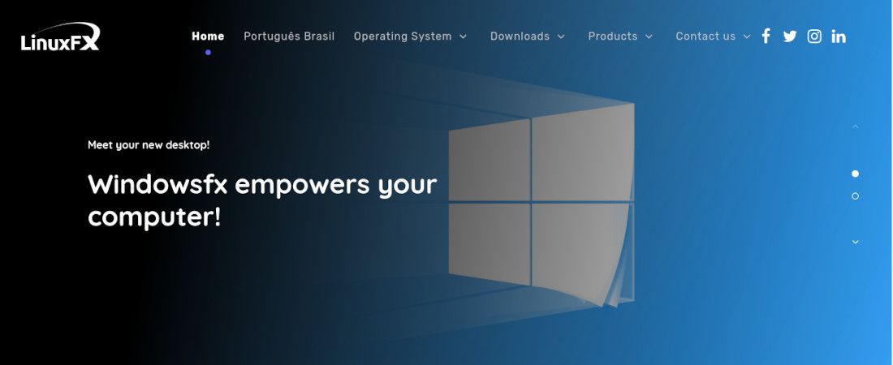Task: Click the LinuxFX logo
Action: click(60, 37)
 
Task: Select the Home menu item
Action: click(208, 36)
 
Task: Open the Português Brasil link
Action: click(289, 36)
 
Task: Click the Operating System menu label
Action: click(403, 36)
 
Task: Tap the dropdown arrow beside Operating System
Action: click(463, 36)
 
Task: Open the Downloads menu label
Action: click(520, 36)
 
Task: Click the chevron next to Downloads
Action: click(561, 36)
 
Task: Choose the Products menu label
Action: click(613, 36)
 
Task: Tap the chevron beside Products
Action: click(649, 36)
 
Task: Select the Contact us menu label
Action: click(705, 36)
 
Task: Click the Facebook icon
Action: click(766, 36)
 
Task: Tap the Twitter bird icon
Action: click(790, 36)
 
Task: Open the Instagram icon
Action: click(814, 36)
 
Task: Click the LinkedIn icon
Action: click(839, 36)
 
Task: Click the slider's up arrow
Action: click(855, 127)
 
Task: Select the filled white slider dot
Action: click(855, 174)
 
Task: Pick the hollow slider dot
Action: click(855, 196)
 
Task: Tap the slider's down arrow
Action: click(855, 242)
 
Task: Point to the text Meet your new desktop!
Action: click(149, 145)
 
